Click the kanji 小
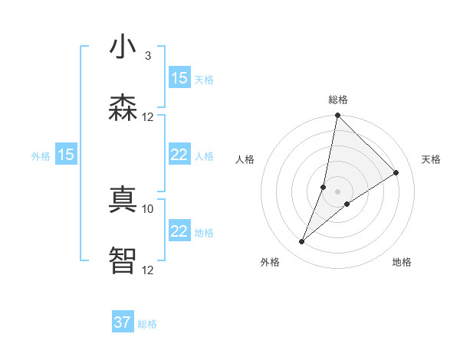tap(122, 47)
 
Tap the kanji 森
tap(122, 109)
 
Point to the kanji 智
tap(122, 260)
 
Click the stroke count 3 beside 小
tap(147, 56)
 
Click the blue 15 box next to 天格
tap(179, 78)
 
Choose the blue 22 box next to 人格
tap(179, 155)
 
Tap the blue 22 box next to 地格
tap(179, 231)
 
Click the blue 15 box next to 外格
tap(66, 155)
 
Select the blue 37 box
tap(122, 322)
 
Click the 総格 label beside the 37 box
tap(147, 324)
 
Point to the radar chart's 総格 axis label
tap(338, 100)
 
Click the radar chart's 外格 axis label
tap(270, 262)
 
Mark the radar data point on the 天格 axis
tap(396, 172)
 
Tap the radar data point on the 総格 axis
tap(338, 116)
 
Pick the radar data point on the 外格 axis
tap(302, 242)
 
